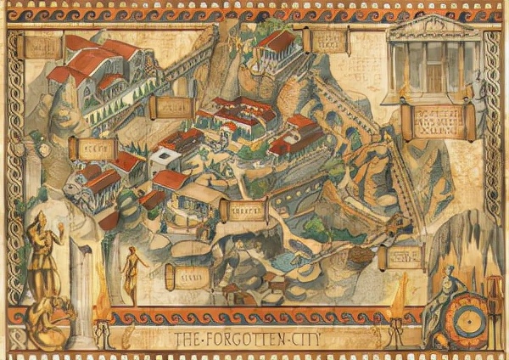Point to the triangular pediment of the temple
click(433, 27)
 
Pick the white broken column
click(81, 289)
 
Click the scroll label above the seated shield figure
click(402, 256)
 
